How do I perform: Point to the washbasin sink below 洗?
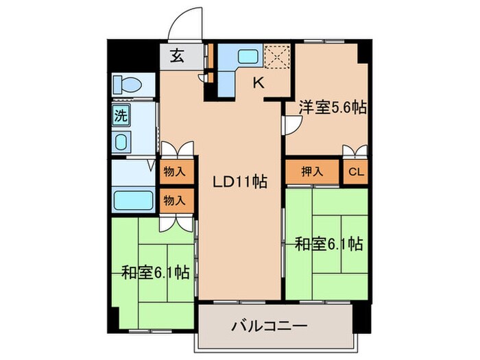coord(121,143)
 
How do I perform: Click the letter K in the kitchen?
coord(259,84)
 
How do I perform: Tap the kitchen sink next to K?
coord(247,58)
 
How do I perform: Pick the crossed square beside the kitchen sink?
coord(278,57)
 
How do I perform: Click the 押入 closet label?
coord(311,171)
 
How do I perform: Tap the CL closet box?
coord(355,171)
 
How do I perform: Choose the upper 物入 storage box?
coord(173,171)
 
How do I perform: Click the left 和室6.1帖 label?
coord(156,273)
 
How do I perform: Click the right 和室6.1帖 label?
coord(328,243)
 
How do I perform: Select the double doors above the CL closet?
coord(355,151)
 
